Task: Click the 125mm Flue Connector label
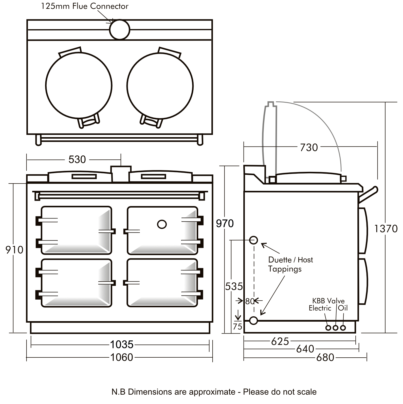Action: click(85, 6)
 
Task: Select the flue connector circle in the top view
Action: click(120, 29)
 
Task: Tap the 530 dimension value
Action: click(77, 159)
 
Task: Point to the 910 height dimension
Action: click(14, 250)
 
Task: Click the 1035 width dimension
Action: click(122, 344)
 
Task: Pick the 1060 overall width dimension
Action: click(122, 357)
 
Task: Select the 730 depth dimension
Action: click(309, 148)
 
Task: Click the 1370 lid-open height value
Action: click(386, 229)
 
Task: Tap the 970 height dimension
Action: click(225, 224)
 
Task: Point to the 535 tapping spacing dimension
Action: click(234, 286)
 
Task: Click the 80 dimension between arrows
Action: click(249, 301)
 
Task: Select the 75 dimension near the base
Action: click(237, 326)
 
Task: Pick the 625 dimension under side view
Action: click(280, 341)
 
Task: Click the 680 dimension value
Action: click(325, 357)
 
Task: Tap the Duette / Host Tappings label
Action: click(290, 264)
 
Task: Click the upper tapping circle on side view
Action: click(253, 240)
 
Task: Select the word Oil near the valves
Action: click(343, 308)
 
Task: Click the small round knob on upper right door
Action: click(162, 224)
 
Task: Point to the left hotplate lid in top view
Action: click(79, 85)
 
